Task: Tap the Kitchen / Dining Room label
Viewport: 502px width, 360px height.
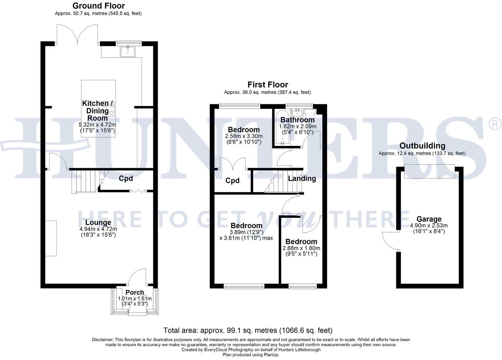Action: click(x=98, y=111)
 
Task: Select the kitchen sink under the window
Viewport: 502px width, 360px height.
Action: click(x=128, y=51)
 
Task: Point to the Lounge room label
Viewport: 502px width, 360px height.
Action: click(x=98, y=222)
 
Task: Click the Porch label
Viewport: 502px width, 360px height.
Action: click(x=135, y=292)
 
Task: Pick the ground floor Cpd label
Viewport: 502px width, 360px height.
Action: click(x=126, y=178)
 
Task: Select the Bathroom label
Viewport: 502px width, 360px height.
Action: click(x=297, y=120)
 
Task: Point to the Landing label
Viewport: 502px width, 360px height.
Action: click(x=302, y=178)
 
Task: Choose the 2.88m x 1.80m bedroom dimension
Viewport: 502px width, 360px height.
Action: click(x=301, y=248)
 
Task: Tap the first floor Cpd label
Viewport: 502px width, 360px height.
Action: click(x=233, y=181)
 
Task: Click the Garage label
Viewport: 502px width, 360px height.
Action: click(x=429, y=219)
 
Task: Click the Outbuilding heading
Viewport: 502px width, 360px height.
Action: click(x=422, y=146)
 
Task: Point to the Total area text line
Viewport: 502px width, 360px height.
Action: click(x=248, y=330)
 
